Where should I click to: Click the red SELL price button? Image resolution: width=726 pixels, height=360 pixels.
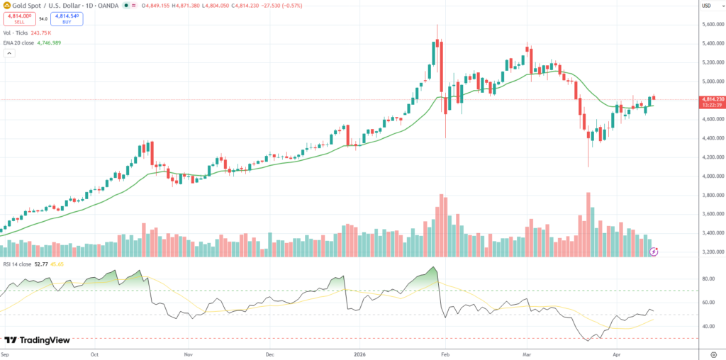click(x=19, y=18)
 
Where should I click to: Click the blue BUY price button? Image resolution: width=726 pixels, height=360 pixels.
click(x=67, y=18)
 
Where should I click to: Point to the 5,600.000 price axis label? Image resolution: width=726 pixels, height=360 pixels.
click(x=712, y=24)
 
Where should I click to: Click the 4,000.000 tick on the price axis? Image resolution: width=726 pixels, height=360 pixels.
click(x=712, y=176)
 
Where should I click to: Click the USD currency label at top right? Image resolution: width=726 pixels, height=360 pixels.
click(x=706, y=6)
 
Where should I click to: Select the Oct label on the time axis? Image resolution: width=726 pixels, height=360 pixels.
click(x=94, y=352)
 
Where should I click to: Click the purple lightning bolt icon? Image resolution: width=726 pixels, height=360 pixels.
click(x=654, y=251)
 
